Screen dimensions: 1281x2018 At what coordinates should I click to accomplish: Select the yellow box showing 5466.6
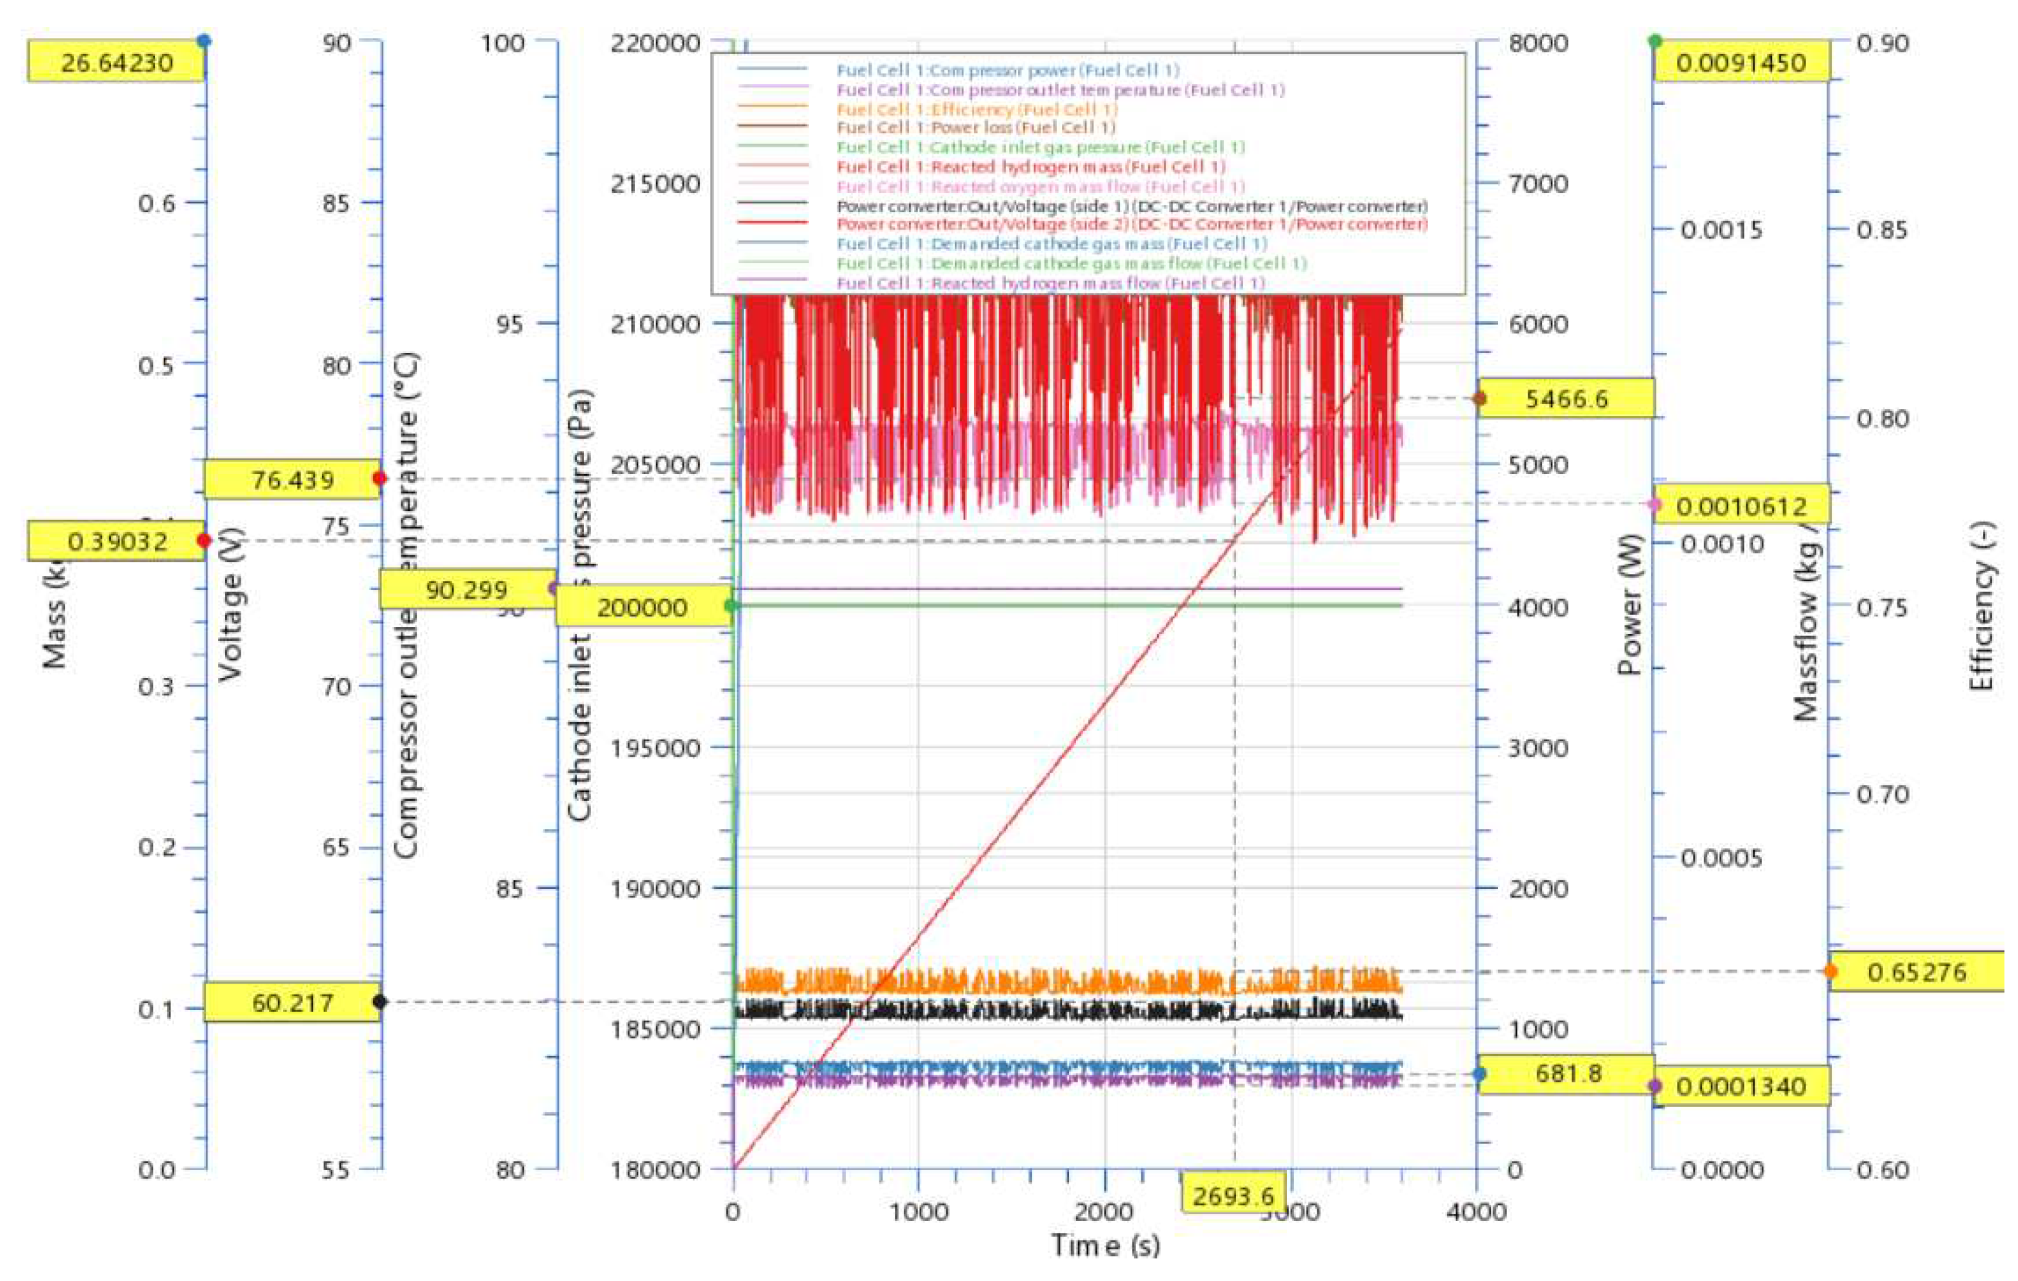click(1566, 399)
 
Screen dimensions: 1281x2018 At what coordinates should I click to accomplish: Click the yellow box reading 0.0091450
click(1741, 63)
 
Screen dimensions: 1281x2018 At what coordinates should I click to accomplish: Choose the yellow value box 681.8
click(1567, 1073)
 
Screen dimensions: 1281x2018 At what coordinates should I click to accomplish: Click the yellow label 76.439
click(292, 480)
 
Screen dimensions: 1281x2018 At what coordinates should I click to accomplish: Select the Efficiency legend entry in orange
click(976, 109)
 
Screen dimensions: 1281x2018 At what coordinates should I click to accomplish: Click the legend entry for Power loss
click(975, 127)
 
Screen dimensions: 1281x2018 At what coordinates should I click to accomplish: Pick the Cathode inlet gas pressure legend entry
click(1040, 148)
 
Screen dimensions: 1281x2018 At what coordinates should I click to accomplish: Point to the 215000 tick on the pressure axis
click(655, 183)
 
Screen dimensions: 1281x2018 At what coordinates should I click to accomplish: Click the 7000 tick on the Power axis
click(1538, 183)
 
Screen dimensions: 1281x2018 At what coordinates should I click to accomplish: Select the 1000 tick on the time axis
click(919, 1212)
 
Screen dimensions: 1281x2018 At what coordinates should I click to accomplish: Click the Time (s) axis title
click(1105, 1246)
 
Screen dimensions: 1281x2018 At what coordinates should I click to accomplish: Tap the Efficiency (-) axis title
click(1982, 606)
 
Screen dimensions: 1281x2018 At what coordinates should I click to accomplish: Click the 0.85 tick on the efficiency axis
click(1881, 230)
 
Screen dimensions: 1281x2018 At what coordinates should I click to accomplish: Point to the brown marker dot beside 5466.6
click(1480, 399)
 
